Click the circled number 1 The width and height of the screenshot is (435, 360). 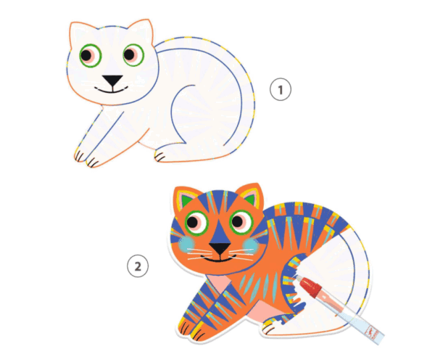pos(281,89)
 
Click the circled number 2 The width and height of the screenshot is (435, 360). pos(138,266)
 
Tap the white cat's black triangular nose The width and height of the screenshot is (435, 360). pos(112,81)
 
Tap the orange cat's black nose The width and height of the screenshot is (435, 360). pos(220,247)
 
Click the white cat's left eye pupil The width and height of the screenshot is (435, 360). pos(86,56)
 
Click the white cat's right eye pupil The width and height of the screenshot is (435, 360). pos(129,54)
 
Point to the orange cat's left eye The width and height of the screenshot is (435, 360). pos(196,223)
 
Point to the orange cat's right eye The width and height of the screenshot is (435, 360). pos(241,222)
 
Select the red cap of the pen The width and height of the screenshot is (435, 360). pos(311,287)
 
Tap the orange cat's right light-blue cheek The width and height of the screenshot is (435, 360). pos(251,245)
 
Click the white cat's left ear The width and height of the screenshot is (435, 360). pos(80,34)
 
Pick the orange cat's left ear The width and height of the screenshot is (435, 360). pos(186,198)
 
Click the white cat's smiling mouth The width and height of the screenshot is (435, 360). pos(111,90)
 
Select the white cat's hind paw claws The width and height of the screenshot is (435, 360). pos(159,157)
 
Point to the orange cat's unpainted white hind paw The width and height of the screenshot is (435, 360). pos(270,329)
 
